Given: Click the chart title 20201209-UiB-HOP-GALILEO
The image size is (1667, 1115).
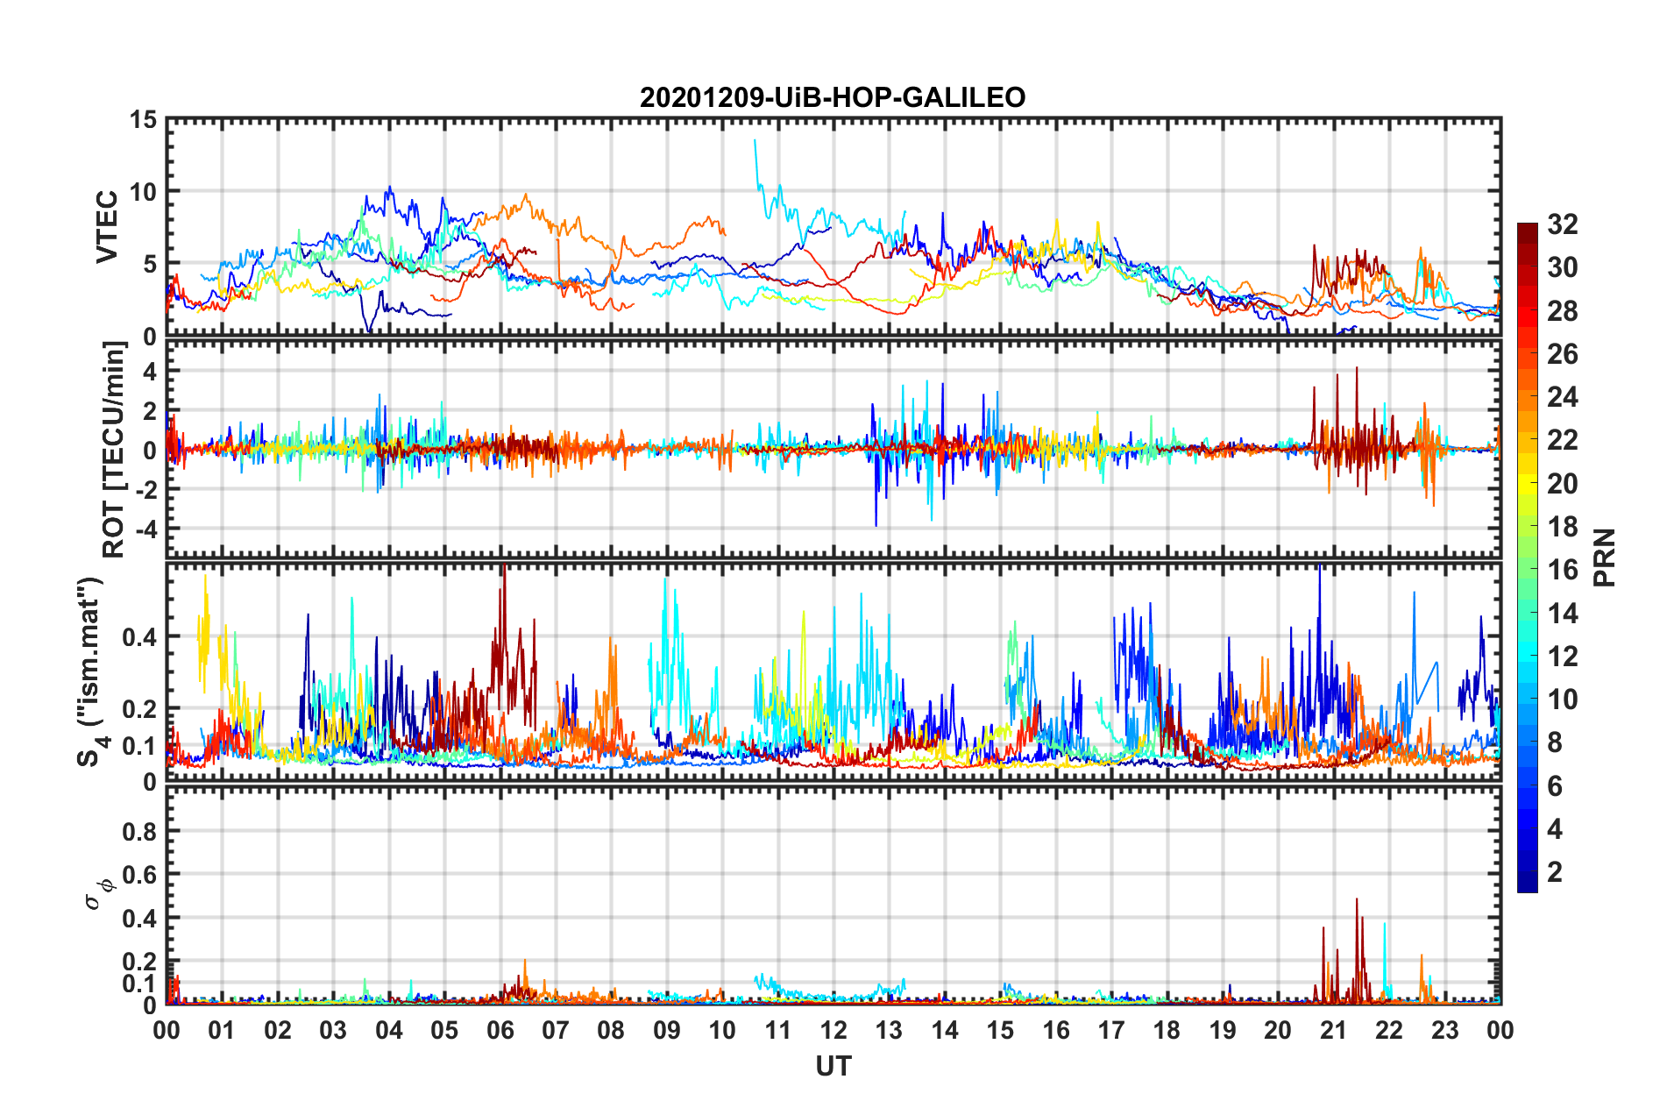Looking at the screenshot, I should (833, 97).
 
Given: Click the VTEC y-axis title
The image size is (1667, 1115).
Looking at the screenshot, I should (107, 226).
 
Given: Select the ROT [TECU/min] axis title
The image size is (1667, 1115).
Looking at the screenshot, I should (114, 450).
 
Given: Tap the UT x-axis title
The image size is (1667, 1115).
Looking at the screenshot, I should (833, 1066).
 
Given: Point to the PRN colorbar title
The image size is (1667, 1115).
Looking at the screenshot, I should (1604, 557).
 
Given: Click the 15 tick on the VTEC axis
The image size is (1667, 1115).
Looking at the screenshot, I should (143, 119).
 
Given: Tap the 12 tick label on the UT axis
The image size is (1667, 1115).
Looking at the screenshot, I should (833, 1031).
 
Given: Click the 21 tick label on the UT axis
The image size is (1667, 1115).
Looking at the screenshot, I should (1333, 1031).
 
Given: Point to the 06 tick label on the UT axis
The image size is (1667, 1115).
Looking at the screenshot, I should (500, 1031).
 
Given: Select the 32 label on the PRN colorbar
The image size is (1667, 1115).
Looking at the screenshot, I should (1563, 224).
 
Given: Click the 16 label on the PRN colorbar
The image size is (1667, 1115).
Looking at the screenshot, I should (1563, 570).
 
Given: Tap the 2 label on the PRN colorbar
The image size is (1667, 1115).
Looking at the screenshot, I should (1556, 872).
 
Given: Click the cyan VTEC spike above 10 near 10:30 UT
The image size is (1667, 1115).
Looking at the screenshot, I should (755, 142).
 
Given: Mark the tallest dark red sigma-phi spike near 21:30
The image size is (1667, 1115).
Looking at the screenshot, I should (1357, 900).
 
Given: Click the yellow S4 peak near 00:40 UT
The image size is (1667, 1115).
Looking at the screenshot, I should (205, 579).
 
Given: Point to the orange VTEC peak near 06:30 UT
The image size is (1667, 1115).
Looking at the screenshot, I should (525, 195).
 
